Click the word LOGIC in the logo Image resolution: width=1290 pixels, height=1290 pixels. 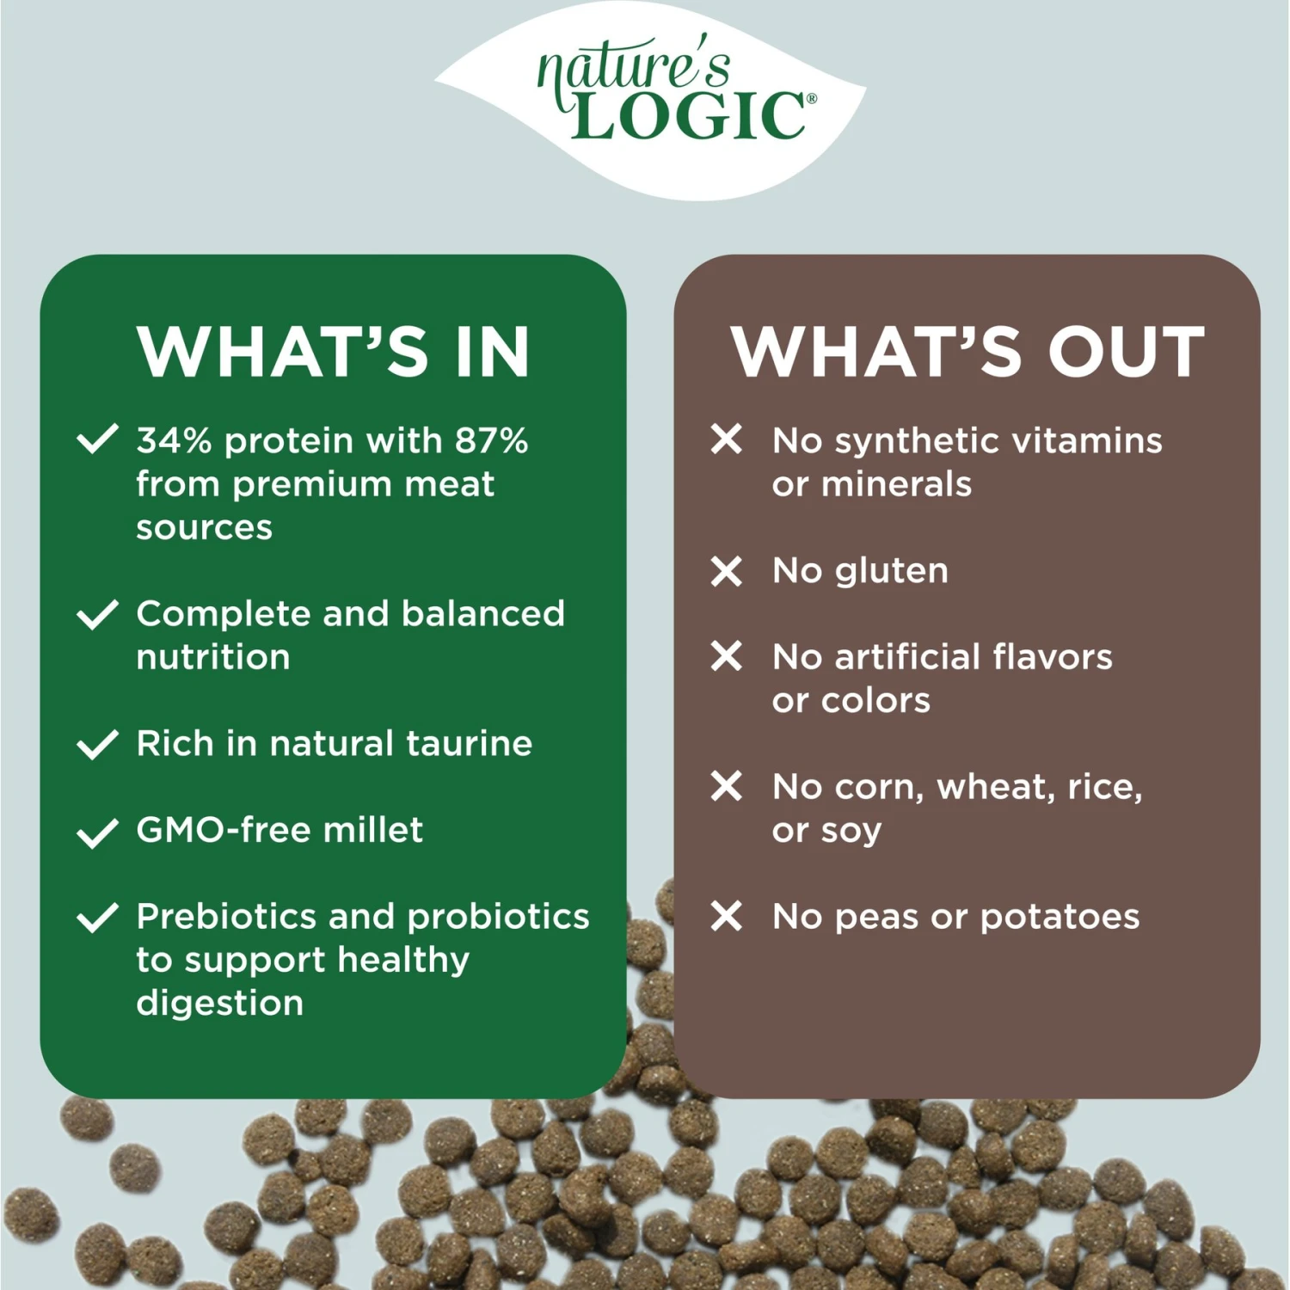688,116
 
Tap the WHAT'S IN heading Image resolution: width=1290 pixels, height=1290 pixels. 333,353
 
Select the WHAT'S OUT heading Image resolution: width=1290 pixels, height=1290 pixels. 967,353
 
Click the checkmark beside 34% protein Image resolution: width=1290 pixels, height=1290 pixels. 97,439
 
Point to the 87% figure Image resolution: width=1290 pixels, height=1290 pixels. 491,440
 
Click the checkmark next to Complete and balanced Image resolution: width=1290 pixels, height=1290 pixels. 97,614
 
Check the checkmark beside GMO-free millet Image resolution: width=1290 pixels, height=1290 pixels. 97,832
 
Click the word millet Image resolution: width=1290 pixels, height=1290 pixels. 372,830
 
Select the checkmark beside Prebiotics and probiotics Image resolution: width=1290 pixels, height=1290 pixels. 97,918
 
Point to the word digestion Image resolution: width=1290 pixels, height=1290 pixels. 220,1004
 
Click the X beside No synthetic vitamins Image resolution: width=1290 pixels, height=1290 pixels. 727,439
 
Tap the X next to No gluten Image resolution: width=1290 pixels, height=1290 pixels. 727,571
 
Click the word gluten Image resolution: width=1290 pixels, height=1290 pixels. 892,571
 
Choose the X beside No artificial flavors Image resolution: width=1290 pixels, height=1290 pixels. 727,657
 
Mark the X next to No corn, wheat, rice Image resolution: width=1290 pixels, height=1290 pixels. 727,786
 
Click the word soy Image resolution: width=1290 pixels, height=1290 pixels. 851,832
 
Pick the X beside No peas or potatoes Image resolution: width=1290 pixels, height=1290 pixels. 727,917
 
